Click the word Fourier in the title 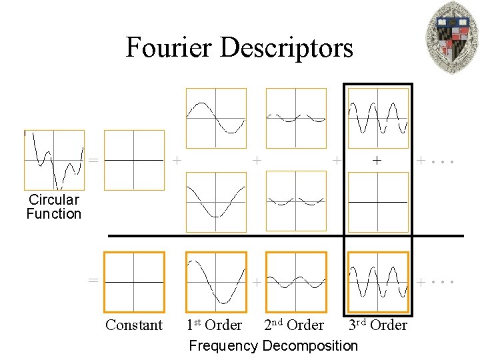[x=168, y=47]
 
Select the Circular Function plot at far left [x=54, y=160]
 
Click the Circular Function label [x=53, y=207]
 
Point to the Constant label [x=134, y=325]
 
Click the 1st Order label [x=214, y=325]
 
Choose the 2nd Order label [x=294, y=325]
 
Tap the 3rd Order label [x=377, y=325]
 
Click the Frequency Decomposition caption [x=273, y=345]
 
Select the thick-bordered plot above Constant [x=134, y=282]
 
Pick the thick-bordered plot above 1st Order [x=215, y=282]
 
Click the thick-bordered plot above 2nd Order [x=296, y=282]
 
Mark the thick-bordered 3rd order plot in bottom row [x=378, y=282]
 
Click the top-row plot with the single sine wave [x=215, y=118]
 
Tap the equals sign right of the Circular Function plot [x=94, y=160]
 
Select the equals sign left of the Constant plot [x=94, y=280]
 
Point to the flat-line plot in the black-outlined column [x=378, y=201]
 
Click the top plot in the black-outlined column [x=378, y=118]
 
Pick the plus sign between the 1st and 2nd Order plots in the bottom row [x=256, y=283]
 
